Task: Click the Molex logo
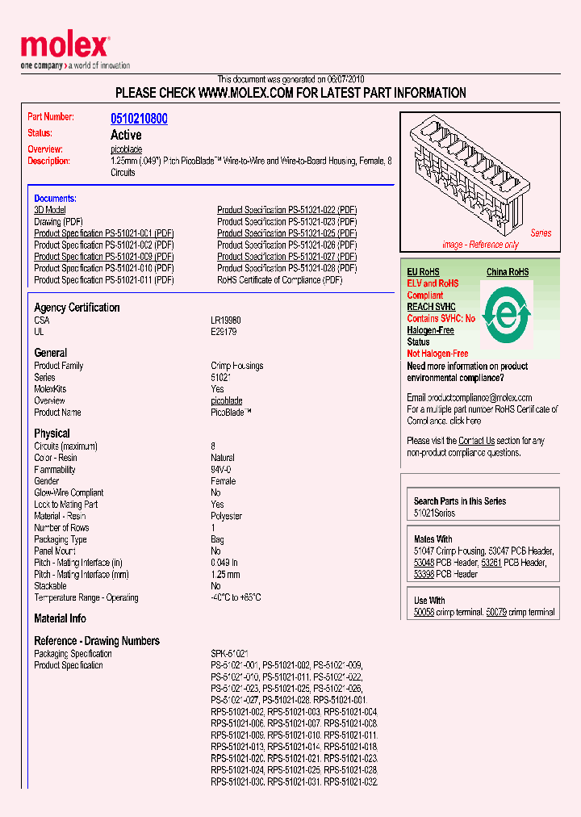point(65,48)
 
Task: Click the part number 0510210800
point(139,119)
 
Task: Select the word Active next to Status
point(126,135)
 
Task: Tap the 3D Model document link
point(49,210)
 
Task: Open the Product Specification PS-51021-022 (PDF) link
point(286,210)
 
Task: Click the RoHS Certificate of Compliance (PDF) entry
point(279,280)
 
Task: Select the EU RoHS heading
point(423,272)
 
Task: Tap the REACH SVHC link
point(431,307)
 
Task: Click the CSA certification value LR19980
point(226,321)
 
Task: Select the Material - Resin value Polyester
point(226,516)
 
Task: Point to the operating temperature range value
point(236,597)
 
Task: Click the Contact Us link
point(476,441)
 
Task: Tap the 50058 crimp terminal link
point(424,613)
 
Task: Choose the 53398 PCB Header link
point(424,574)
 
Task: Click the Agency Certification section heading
point(77,308)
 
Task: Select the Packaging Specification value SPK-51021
point(229,654)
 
